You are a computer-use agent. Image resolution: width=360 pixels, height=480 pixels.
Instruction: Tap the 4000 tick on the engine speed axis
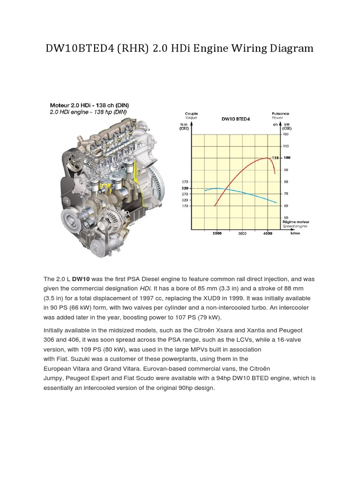267,233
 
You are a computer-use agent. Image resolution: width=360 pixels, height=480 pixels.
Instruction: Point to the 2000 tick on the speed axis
217,233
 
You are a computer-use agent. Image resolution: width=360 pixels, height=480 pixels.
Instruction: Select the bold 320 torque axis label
185,187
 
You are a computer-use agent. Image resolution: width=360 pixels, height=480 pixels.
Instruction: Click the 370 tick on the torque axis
185,181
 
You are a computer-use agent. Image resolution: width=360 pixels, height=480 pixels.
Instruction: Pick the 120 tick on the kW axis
286,134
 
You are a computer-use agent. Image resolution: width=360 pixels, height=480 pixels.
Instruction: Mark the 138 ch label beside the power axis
276,158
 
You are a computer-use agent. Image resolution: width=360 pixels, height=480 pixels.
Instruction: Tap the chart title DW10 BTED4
236,119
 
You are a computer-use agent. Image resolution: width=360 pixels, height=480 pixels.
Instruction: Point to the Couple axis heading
191,113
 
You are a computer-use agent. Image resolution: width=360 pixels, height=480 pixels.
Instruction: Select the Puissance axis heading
280,113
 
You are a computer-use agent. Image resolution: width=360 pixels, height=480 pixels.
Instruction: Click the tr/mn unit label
295,233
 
